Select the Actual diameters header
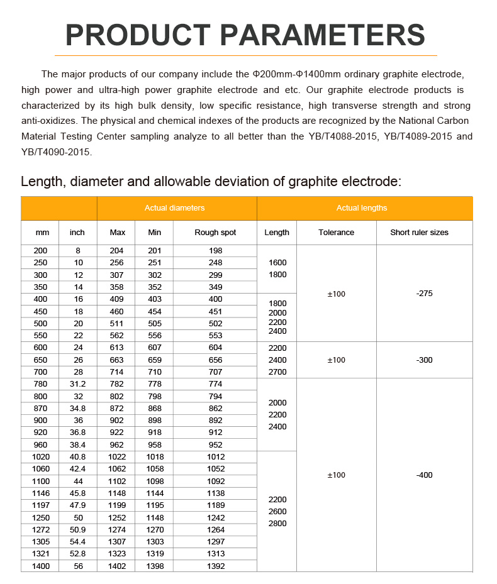coord(174,208)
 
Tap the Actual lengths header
coord(362,208)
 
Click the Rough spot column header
coord(215,233)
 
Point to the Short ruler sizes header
coord(419,233)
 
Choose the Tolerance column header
coord(336,233)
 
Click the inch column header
coord(77,233)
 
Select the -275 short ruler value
coord(425,294)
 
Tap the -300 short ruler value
coord(425,360)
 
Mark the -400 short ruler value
coord(425,475)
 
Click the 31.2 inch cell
coord(78,384)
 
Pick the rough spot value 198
coord(215,251)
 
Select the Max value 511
coord(118,324)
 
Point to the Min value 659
coord(155,360)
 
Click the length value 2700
coord(277,372)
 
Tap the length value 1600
coord(277,263)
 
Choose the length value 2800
coord(277,524)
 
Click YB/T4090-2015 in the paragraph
coord(56,152)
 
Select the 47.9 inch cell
coord(78,505)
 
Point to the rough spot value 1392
coord(215,566)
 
